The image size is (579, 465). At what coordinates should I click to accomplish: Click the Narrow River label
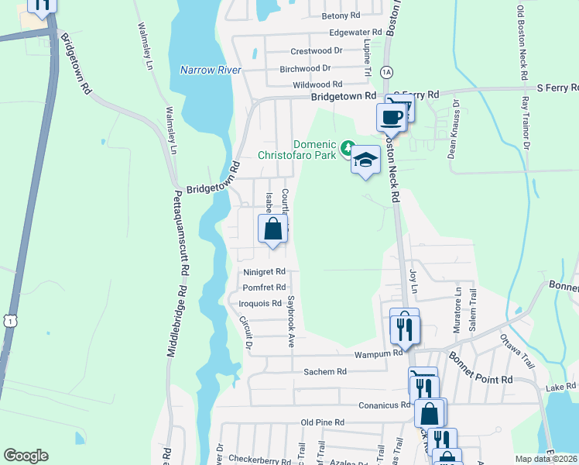click(x=211, y=70)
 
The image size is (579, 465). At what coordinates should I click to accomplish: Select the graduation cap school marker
click(x=365, y=160)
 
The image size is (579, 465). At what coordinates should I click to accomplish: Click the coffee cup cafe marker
click(x=390, y=117)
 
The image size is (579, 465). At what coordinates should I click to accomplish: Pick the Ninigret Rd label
click(x=265, y=272)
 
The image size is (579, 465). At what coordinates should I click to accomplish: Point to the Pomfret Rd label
click(x=265, y=288)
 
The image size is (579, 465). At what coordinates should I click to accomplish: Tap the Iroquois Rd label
click(x=260, y=303)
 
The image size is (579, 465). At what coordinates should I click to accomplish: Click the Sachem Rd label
click(x=324, y=372)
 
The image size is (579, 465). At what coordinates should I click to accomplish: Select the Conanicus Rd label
click(x=384, y=405)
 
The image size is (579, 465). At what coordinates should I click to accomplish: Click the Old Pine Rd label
click(x=322, y=422)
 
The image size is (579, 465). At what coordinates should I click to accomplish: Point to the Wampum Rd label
click(x=379, y=353)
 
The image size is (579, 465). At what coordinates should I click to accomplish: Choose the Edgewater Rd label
click(x=355, y=33)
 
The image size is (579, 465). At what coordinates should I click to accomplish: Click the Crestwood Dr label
click(x=316, y=51)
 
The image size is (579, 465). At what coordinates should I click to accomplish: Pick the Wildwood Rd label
click(x=317, y=84)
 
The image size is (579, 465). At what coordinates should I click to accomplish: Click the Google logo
click(x=26, y=456)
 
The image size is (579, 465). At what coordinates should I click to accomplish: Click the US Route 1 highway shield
click(x=9, y=319)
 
